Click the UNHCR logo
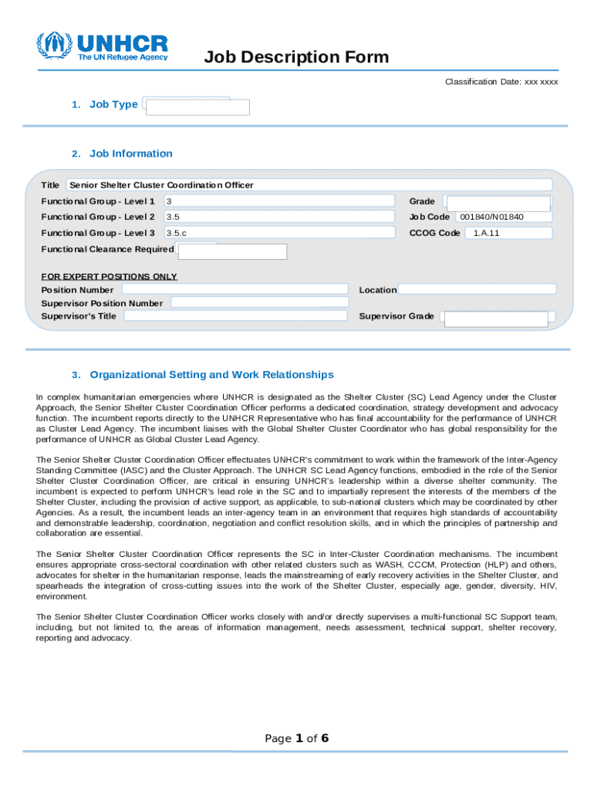click(x=102, y=47)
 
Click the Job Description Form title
click(x=296, y=58)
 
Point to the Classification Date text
click(x=501, y=82)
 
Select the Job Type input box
click(x=198, y=106)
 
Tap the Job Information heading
click(x=130, y=154)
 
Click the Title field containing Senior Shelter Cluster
click(x=309, y=185)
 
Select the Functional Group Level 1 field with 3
click(x=278, y=201)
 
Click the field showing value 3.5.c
click(x=278, y=233)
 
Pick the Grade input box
click(x=498, y=203)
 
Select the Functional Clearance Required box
click(x=232, y=252)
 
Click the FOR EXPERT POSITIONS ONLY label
click(x=109, y=276)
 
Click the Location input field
click(x=477, y=289)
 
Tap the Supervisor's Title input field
click(x=235, y=316)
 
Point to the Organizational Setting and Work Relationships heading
click(x=211, y=375)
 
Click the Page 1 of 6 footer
click(x=297, y=739)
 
